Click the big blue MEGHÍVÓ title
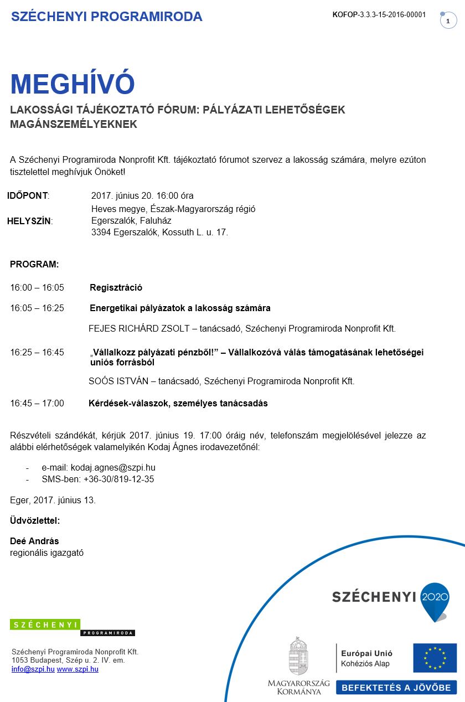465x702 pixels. (73, 84)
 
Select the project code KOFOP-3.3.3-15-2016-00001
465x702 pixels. (379, 15)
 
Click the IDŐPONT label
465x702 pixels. (28, 195)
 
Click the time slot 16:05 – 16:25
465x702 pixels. (37, 308)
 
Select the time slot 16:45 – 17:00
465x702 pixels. (37, 403)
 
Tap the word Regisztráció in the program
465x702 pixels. (116, 287)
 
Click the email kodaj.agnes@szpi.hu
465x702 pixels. (113, 467)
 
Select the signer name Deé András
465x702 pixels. (34, 541)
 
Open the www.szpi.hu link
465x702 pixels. (77, 669)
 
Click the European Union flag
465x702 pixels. (435, 658)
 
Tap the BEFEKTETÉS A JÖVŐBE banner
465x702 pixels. (396, 688)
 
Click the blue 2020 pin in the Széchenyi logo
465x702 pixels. (435, 599)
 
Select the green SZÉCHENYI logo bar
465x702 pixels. (45, 624)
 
